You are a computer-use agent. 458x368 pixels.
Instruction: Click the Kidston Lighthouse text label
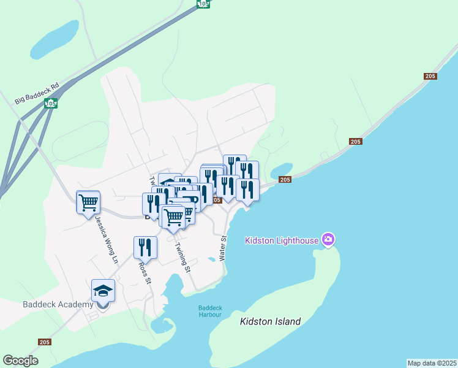point(282,240)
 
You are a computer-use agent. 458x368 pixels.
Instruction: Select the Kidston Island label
point(271,321)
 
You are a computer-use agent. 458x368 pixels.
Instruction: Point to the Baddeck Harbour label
point(210,311)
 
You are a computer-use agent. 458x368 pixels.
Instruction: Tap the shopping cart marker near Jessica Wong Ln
point(88,201)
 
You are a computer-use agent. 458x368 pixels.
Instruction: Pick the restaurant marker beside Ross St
point(145,247)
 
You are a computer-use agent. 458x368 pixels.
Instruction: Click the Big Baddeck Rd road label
point(37,91)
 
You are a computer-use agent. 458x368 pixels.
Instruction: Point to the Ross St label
point(145,274)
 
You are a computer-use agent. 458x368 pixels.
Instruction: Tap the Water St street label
point(223,247)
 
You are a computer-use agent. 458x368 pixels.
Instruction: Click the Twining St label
point(182,258)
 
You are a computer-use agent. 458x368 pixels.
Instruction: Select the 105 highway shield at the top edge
point(203,4)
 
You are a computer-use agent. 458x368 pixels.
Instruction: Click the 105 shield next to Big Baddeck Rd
point(51,104)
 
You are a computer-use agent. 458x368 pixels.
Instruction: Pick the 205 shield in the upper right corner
point(430,76)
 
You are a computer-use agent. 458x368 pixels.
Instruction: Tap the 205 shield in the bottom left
point(44,342)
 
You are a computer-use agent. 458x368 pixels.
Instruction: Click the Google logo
point(21,361)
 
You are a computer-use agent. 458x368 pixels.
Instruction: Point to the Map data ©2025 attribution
point(432,363)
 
